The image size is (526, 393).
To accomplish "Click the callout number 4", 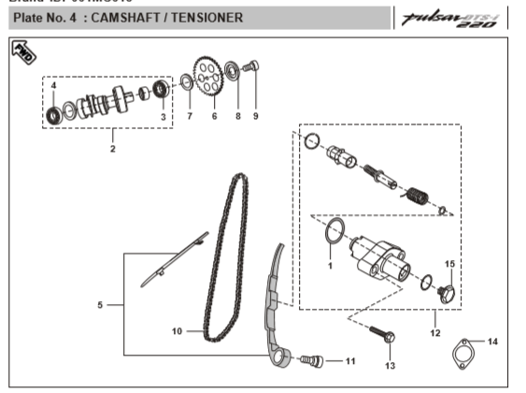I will (53, 85).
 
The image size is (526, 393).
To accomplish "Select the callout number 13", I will (390, 364).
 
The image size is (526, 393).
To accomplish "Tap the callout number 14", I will (493, 342).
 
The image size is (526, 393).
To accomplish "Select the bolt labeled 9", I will (254, 68).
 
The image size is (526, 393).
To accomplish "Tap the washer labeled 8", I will (234, 92).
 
